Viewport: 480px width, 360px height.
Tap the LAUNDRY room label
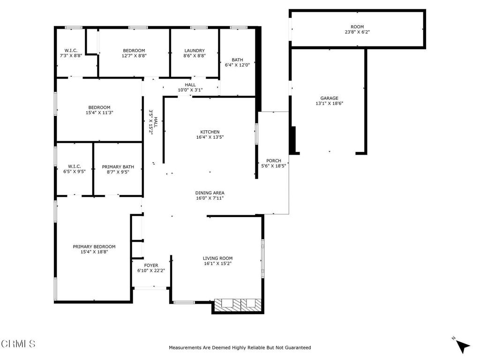click(x=195, y=51)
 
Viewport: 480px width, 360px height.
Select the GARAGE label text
click(x=329, y=98)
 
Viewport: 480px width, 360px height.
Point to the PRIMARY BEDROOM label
click(x=94, y=247)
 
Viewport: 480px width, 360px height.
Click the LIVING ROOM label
click(x=217, y=258)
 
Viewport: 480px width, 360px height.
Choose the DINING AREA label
click(x=210, y=193)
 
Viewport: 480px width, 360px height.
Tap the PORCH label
click(x=273, y=161)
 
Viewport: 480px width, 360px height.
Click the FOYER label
click(x=151, y=265)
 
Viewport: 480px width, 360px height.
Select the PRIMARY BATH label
click(x=118, y=166)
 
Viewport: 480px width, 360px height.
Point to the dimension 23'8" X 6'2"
click(x=357, y=32)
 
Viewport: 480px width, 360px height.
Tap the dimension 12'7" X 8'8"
click(x=134, y=56)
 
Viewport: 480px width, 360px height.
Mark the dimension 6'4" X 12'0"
click(x=237, y=65)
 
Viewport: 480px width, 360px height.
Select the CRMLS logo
click(x=18, y=344)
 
